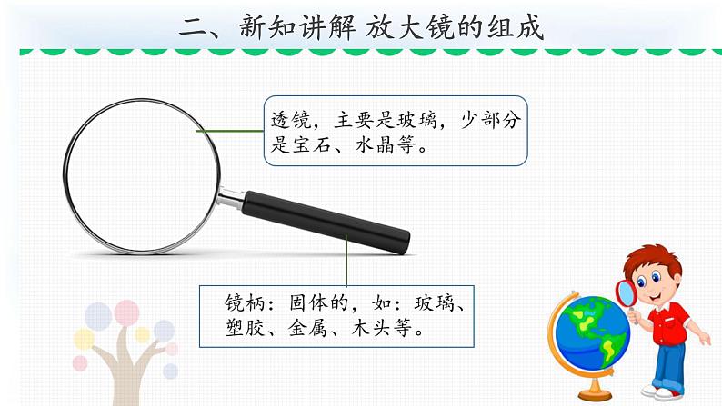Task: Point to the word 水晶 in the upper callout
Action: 374,145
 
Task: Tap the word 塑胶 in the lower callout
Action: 243,329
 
